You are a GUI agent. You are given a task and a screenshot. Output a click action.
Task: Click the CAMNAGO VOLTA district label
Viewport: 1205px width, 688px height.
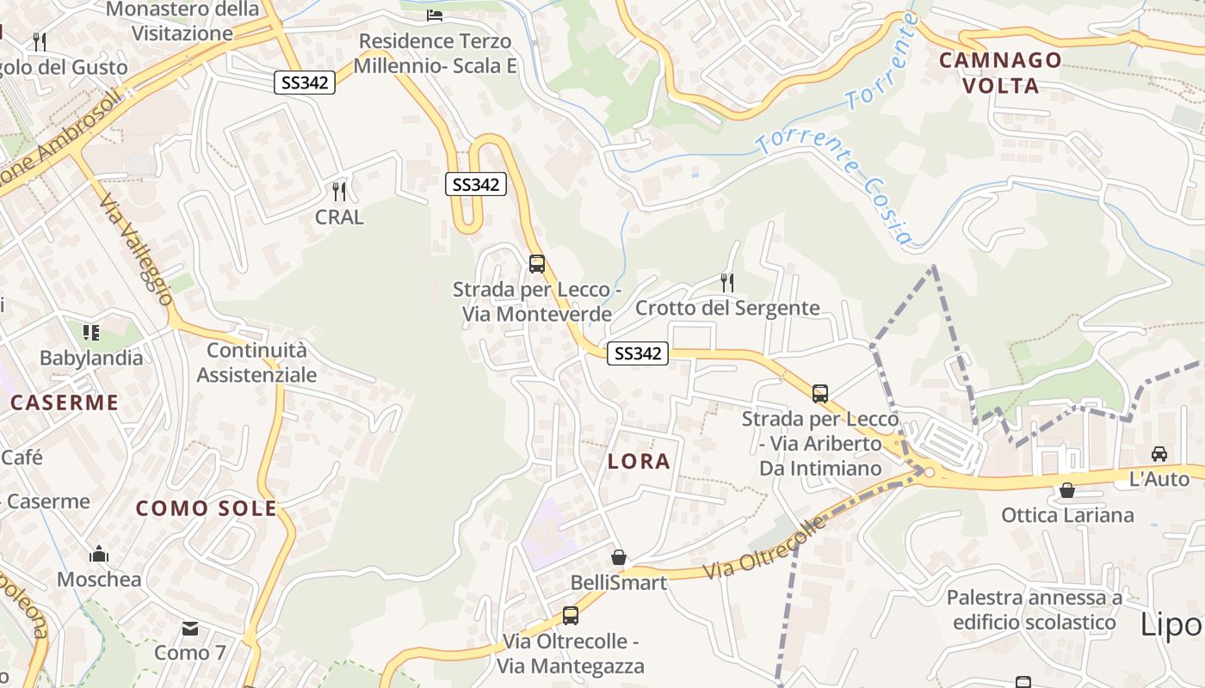pos(1000,72)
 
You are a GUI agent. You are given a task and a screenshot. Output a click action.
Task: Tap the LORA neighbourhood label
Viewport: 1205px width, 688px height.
pos(639,461)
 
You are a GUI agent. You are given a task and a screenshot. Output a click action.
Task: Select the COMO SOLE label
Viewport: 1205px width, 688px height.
pos(207,508)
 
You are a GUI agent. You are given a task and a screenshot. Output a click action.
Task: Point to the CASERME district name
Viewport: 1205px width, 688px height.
pos(65,402)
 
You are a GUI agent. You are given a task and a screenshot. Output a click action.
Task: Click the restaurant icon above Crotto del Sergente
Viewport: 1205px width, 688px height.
pos(727,282)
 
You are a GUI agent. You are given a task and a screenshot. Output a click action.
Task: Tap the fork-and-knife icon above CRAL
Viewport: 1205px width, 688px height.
pos(339,191)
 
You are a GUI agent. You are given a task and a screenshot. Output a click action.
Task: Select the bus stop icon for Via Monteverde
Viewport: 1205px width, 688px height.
pos(537,264)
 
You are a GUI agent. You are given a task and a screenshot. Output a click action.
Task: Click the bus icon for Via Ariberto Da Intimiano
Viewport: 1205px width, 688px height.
pos(820,394)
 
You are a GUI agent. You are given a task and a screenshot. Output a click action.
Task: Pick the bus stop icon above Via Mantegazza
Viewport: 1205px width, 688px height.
pos(570,616)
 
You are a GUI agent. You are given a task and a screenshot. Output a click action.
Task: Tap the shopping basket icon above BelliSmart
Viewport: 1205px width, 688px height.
pos(618,557)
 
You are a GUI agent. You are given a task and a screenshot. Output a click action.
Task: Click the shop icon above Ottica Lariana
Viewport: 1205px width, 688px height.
pos(1067,490)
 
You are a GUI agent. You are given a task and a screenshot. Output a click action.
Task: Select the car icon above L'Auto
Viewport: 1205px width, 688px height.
pos(1159,453)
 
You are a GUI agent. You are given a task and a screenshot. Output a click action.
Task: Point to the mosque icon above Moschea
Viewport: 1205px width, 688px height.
pos(99,554)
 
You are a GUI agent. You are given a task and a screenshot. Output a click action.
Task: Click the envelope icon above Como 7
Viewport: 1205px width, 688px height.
pos(190,629)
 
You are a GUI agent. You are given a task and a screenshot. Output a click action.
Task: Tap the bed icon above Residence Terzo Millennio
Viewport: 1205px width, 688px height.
pos(435,15)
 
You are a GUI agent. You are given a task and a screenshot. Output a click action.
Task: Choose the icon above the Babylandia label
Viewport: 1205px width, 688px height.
pos(91,332)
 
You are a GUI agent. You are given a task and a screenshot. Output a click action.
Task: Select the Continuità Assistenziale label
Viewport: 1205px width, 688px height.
pos(256,362)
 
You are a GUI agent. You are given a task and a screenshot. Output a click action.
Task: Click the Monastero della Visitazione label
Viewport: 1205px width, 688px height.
pos(182,21)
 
